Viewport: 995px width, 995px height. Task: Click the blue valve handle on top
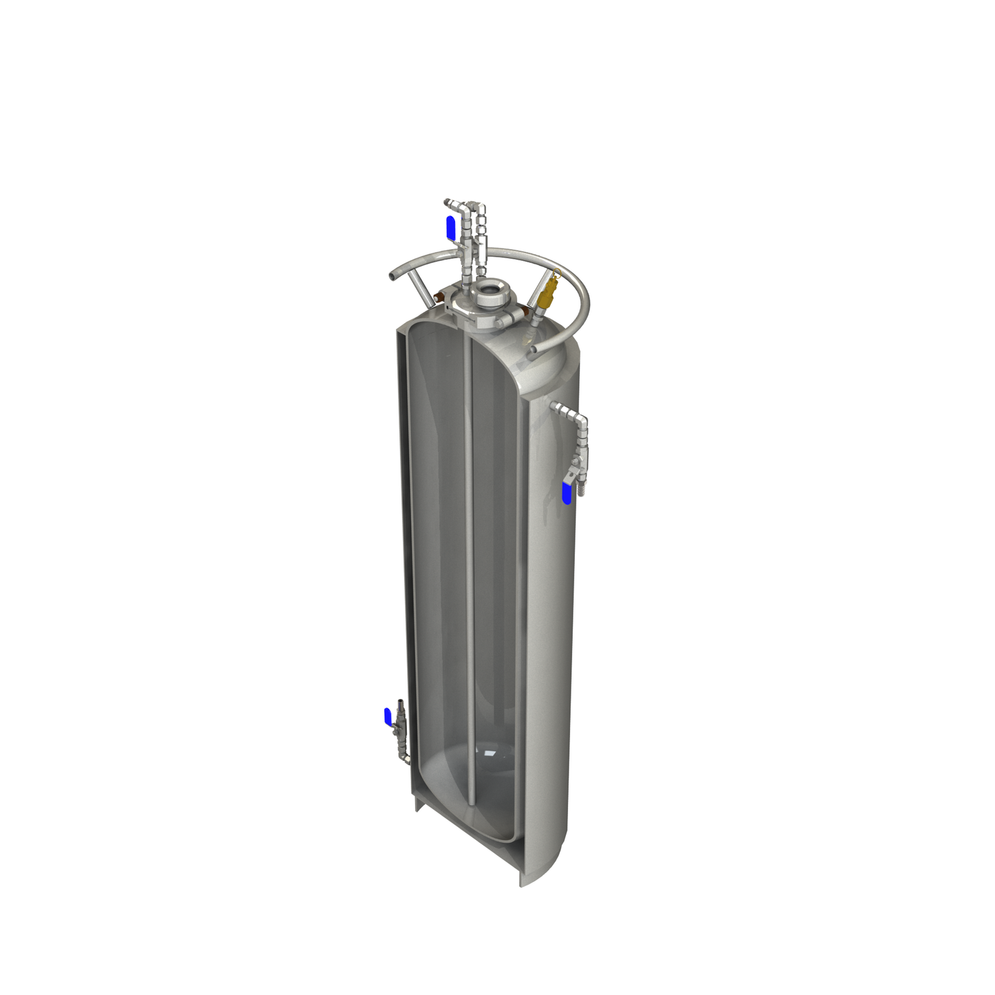pos(450,227)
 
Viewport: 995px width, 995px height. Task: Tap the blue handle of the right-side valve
pos(567,493)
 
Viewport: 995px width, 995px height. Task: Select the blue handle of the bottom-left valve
pos(388,716)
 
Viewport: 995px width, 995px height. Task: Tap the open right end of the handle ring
pos(533,350)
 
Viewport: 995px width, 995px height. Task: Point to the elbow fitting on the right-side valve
pos(578,419)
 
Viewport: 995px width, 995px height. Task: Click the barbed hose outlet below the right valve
pos(578,490)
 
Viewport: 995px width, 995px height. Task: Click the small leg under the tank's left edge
pos(419,803)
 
